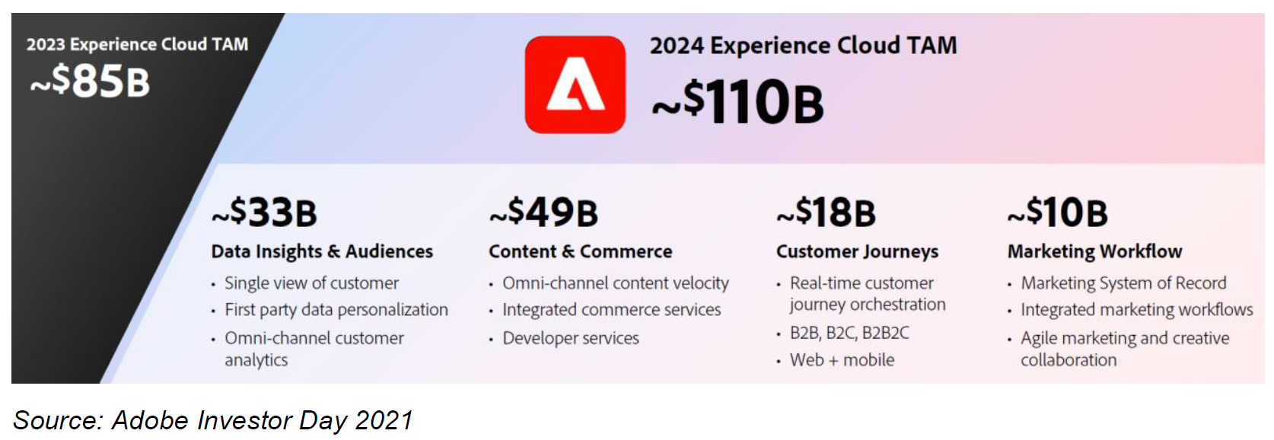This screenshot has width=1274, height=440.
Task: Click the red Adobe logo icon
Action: pos(575,84)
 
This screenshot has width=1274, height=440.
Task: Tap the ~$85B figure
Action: pos(90,81)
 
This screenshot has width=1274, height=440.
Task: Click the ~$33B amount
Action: pos(265,212)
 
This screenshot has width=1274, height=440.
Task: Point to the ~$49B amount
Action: pos(543,212)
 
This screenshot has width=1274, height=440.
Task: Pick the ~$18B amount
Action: pos(827,212)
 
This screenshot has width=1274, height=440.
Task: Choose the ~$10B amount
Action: pos(1058,212)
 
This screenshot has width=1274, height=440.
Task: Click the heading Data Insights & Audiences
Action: pos(322,251)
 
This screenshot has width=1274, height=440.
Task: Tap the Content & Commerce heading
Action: pos(581,251)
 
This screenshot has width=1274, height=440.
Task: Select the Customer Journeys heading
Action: pos(857,251)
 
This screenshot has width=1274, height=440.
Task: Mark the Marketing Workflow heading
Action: pos(1095,251)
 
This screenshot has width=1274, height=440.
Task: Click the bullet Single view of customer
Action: pos(312,283)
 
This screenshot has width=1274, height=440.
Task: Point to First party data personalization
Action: pos(336,310)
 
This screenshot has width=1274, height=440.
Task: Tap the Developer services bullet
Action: pos(571,338)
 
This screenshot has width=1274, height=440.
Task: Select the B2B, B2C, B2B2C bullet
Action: pos(849,333)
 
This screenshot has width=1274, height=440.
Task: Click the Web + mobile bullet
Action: pos(842,360)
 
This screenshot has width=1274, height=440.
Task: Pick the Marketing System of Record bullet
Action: pos(1123,283)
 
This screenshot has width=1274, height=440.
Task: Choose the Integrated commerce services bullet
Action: pos(611,310)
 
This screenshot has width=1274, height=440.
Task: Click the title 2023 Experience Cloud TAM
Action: pos(137,44)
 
